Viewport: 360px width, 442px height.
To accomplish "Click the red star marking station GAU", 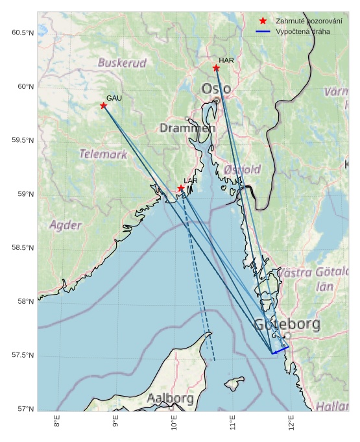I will tap(103, 105).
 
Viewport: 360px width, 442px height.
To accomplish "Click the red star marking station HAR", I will tap(216, 68).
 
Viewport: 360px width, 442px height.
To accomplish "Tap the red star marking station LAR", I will tap(181, 188).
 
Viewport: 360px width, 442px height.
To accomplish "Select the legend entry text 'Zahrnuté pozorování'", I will tap(308, 21).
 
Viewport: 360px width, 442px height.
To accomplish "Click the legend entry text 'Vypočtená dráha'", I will tap(303, 31).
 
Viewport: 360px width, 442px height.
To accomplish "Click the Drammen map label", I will tap(187, 128).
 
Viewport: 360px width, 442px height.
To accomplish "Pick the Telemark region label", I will tap(103, 154).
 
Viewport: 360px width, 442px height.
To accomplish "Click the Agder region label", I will tap(66, 225).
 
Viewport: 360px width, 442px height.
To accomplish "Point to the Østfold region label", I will tap(242, 169).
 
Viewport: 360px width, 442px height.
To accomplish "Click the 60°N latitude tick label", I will tap(23, 86).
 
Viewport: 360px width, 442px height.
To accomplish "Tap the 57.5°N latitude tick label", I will tap(23, 356).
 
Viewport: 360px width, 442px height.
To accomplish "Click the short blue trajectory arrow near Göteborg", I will tap(280, 349).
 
